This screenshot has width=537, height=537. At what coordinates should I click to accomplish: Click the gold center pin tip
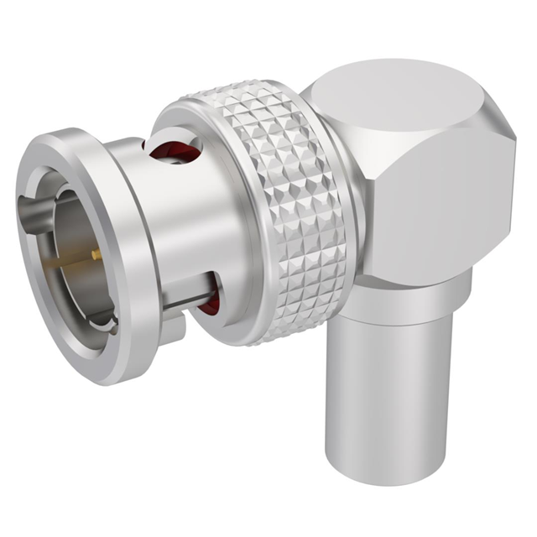[x=96, y=253]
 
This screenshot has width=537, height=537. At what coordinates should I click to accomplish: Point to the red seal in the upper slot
[x=172, y=148]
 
